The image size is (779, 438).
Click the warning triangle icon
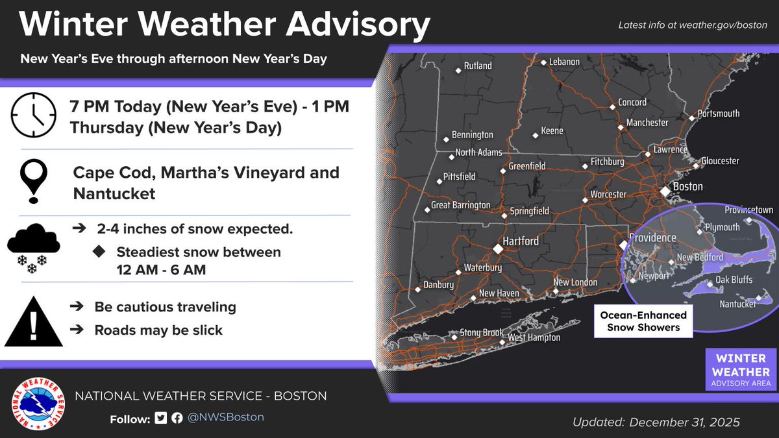pos(34,322)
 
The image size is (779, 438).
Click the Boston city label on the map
pos(687,187)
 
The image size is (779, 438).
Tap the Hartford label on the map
pos(521,241)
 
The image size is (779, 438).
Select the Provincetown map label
pos(748,210)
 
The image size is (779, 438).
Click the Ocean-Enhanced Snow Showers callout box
pos(643,321)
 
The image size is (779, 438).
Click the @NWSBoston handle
pos(226,417)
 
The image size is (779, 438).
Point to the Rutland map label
pos(478,66)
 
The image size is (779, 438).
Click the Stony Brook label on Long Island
pos(482,333)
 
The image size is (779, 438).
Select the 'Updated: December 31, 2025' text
pos(656,422)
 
